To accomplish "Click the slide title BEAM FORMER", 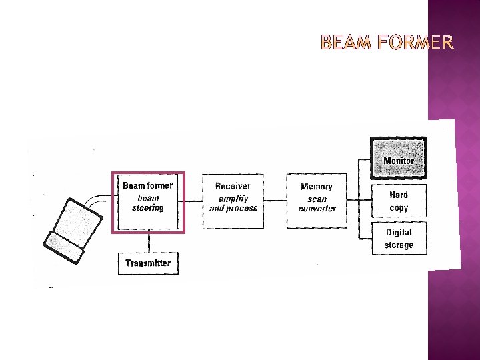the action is point(387,44).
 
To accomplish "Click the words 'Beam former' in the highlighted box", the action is point(147,185).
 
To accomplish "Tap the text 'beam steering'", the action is point(147,203).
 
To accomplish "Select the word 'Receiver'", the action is point(233,186).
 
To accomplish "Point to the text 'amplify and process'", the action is point(233,203).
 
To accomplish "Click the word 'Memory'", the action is point(317,187).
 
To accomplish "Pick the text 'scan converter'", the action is point(317,204).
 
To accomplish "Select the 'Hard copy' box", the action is point(399,201).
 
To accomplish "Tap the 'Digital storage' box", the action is point(399,239).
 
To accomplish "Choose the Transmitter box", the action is point(148,263).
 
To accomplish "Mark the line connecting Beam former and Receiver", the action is point(193,201).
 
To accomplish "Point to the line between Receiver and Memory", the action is point(275,201).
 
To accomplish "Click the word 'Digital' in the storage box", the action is point(399,233).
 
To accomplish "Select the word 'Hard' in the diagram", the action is point(399,195).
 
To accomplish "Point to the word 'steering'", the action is point(147,208).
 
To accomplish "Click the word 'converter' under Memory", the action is point(317,209).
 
